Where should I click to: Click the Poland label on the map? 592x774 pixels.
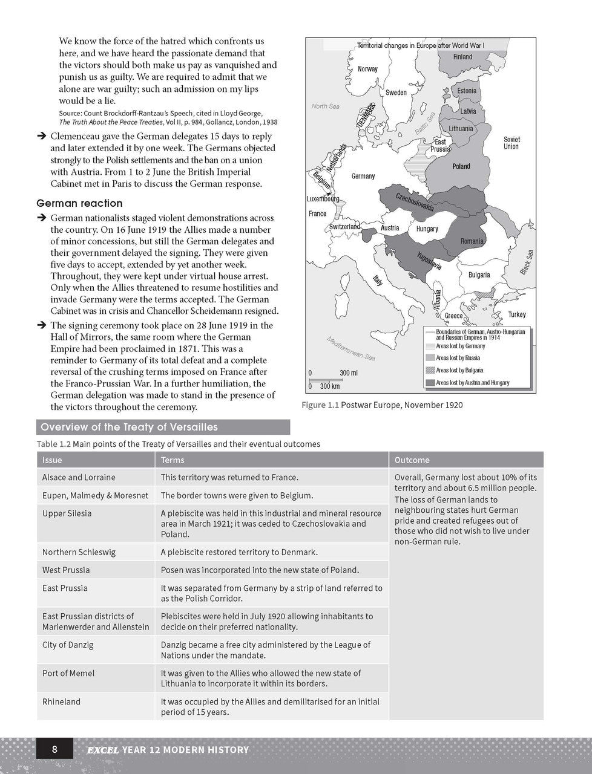pyautogui.click(x=461, y=166)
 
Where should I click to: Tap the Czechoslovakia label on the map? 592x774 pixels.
pyautogui.click(x=415, y=203)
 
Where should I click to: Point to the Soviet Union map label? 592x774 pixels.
pyautogui.click(x=511, y=143)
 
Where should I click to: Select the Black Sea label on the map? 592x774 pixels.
pyautogui.click(x=526, y=262)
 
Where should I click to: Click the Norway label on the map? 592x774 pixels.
pyautogui.click(x=367, y=69)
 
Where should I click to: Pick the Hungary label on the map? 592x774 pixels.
pyautogui.click(x=427, y=229)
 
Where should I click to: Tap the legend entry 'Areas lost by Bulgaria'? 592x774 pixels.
pyautogui.click(x=459, y=370)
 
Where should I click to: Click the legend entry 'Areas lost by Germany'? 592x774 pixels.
pyautogui.click(x=460, y=346)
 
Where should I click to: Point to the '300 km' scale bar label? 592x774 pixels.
pyautogui.click(x=329, y=386)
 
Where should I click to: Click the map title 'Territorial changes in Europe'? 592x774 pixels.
pyautogui.click(x=420, y=45)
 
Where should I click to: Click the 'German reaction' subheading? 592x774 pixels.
pyautogui.click(x=79, y=203)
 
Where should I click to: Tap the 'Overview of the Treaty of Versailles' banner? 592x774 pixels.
pyautogui.click(x=129, y=428)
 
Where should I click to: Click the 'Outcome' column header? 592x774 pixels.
pyautogui.click(x=412, y=460)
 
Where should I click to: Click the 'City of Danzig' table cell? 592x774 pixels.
pyautogui.click(x=68, y=645)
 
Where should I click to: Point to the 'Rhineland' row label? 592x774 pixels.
pyautogui.click(x=61, y=701)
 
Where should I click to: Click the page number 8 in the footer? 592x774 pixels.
pyautogui.click(x=54, y=750)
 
